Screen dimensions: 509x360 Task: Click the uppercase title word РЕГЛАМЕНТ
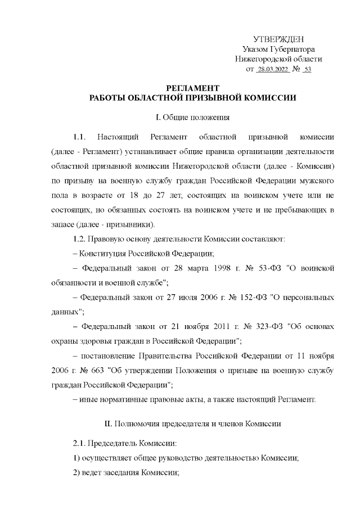pyautogui.click(x=193, y=88)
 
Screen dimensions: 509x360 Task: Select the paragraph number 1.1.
pyautogui.click(x=79, y=137)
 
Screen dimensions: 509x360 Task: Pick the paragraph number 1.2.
pyautogui.click(x=74, y=238)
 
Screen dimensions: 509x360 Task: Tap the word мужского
pyautogui.click(x=319, y=182)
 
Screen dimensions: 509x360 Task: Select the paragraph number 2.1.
pyautogui.click(x=79, y=443)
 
